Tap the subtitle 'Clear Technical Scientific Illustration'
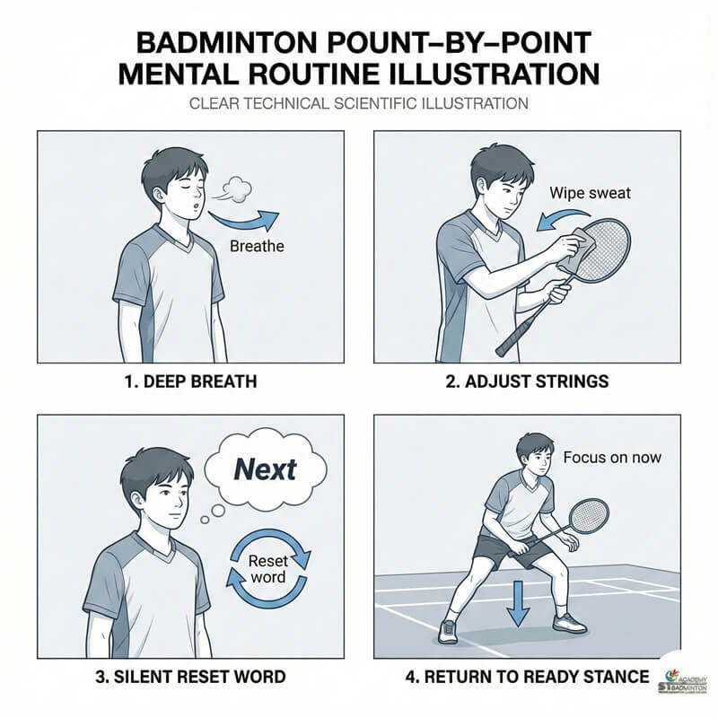click(359, 104)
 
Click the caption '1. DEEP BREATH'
click(189, 381)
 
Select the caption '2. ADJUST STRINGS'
click(528, 381)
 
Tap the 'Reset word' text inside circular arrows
click(267, 567)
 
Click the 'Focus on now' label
click(612, 457)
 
